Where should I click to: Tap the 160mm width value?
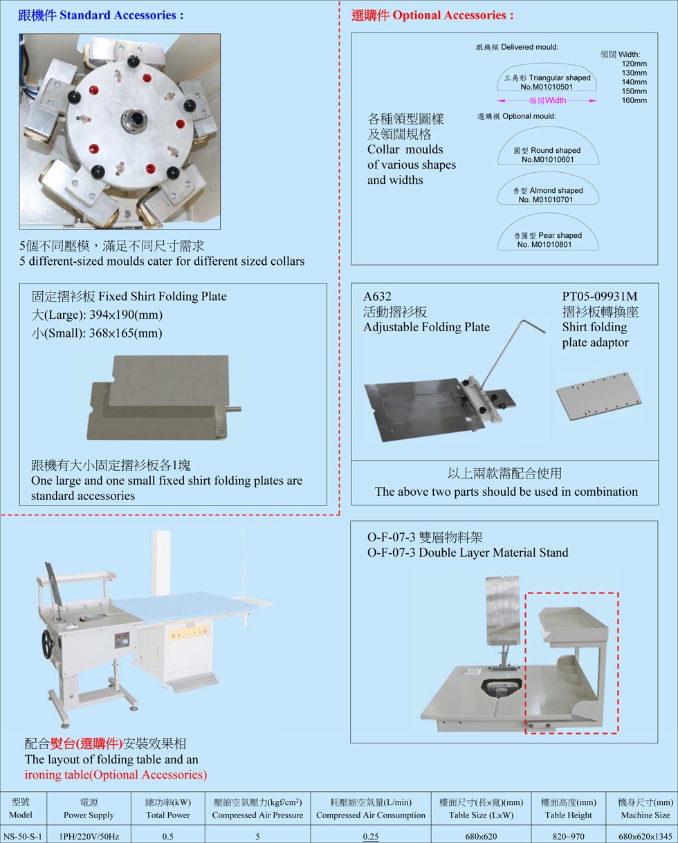click(634, 100)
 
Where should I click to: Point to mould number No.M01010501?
click(547, 87)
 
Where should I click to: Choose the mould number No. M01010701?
click(545, 200)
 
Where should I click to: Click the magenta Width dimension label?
click(547, 100)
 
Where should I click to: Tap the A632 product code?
click(377, 297)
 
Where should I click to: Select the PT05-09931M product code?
click(599, 297)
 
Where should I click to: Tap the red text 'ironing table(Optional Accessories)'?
click(116, 775)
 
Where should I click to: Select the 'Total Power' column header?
click(168, 815)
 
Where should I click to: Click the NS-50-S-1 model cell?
click(23, 836)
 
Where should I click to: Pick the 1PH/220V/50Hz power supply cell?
click(89, 836)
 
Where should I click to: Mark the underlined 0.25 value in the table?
click(370, 836)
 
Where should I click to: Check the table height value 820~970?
click(568, 836)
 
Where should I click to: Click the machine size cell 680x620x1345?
click(645, 836)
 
